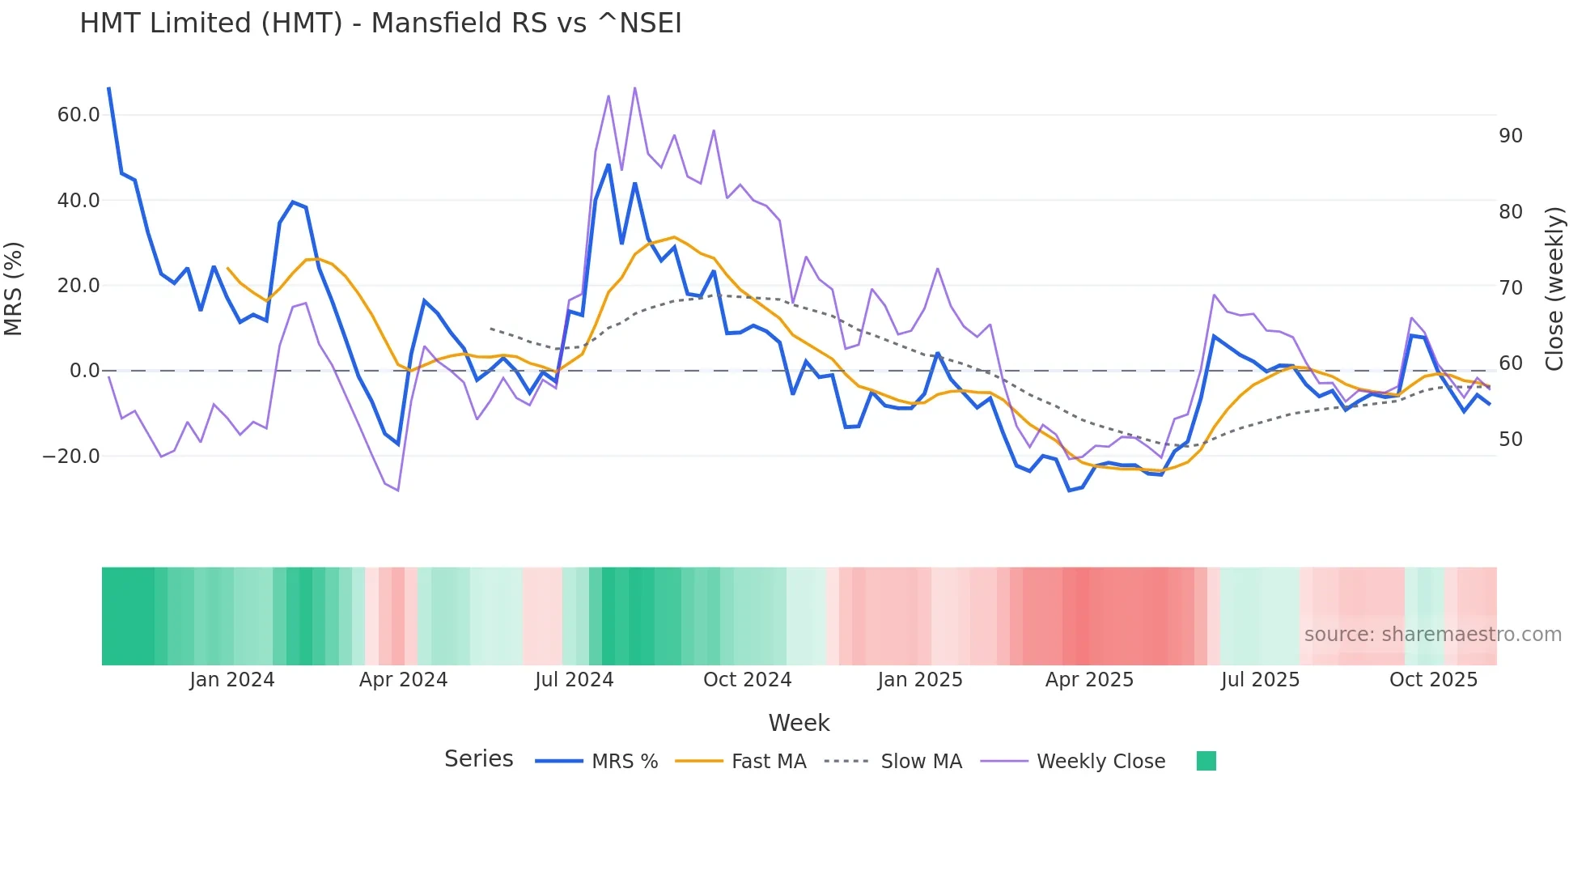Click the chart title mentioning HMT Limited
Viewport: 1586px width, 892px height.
point(380,23)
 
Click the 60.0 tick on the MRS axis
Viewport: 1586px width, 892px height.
point(78,115)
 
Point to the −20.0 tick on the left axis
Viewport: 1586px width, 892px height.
point(71,457)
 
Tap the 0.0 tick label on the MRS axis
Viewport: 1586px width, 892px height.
point(84,371)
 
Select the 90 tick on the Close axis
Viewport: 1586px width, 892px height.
point(1510,136)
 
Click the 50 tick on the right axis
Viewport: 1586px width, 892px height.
point(1510,440)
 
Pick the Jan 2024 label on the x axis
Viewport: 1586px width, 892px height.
point(232,680)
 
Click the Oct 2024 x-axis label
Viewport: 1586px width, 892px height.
point(747,680)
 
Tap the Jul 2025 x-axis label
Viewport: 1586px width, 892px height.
point(1260,680)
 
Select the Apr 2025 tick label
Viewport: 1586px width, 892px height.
point(1089,680)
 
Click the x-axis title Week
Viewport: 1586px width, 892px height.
point(799,723)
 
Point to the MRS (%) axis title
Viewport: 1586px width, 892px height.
point(14,288)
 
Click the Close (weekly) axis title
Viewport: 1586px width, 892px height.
point(1554,288)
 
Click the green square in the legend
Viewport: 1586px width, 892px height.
point(1206,761)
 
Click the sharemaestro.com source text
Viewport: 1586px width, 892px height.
point(1432,635)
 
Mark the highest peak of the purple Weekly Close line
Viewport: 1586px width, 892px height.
point(634,87)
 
